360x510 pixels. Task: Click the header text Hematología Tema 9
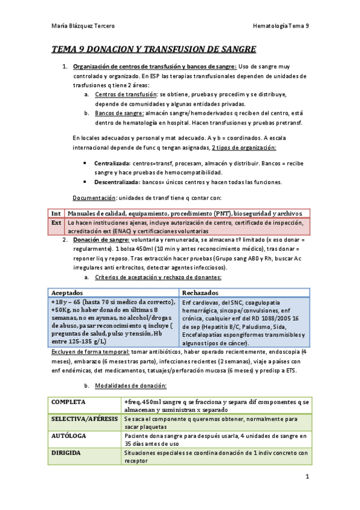(x=281, y=26)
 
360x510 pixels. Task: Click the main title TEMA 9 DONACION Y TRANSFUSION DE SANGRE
(x=154, y=49)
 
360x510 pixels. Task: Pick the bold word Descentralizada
(x=117, y=182)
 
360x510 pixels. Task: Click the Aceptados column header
(x=69, y=292)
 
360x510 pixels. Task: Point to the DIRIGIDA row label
(x=67, y=452)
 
